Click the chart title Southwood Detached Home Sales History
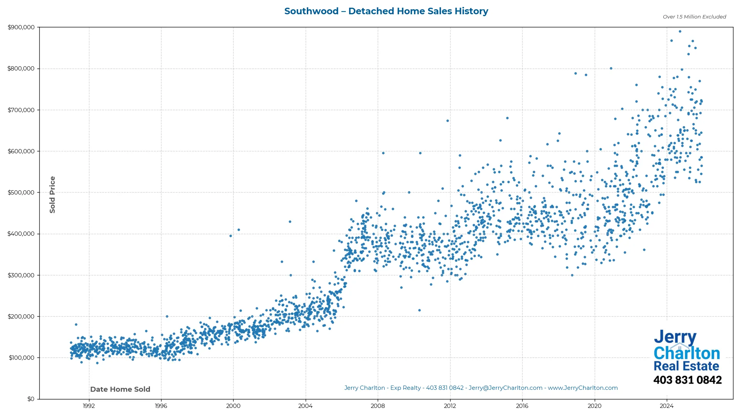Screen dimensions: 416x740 point(386,11)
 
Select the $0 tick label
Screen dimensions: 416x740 point(31,399)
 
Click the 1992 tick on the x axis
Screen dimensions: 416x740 point(89,406)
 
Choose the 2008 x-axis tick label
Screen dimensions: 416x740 point(378,406)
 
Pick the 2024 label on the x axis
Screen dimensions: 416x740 point(666,406)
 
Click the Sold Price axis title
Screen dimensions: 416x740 point(52,195)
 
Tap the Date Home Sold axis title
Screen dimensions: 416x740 point(120,389)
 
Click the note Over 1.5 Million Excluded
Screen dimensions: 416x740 point(694,17)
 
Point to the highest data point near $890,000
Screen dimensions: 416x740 point(680,32)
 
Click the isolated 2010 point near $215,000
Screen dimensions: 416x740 point(419,310)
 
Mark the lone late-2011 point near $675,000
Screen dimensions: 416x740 point(447,121)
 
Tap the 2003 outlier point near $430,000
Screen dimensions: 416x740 point(290,222)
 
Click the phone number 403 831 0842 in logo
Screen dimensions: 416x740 point(687,380)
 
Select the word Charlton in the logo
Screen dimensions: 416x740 point(686,353)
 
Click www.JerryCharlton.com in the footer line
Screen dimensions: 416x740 point(582,388)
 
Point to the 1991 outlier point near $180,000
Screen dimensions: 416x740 point(76,325)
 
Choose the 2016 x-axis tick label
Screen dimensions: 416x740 point(522,406)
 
